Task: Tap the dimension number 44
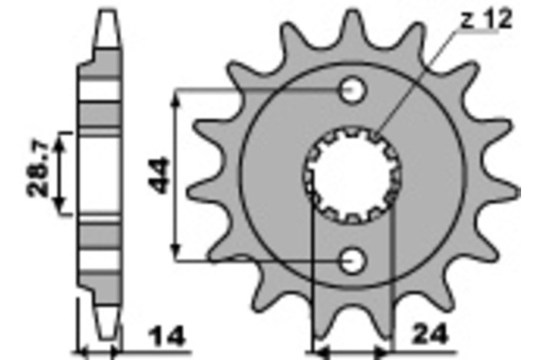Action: (158, 175)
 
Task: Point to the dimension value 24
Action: (430, 334)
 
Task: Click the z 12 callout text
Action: (487, 20)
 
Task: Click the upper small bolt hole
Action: (352, 91)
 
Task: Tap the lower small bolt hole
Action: (352, 261)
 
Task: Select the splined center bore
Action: (352, 175)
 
